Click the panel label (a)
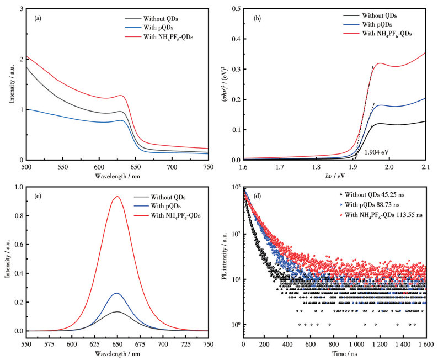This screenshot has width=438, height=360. pos(37,18)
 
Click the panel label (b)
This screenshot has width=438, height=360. pos(255,18)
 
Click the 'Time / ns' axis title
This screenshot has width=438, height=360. pos(335,353)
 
